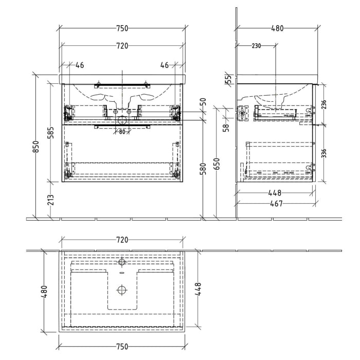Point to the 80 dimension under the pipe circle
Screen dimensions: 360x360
tap(121, 131)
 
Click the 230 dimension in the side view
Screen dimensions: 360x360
tap(256, 46)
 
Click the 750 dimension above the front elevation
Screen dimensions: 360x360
tap(121, 28)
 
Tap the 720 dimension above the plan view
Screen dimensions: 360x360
tap(121, 240)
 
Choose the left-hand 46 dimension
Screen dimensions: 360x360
tap(80, 65)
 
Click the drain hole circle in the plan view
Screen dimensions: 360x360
tap(121, 290)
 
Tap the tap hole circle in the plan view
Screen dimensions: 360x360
tap(121, 262)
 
